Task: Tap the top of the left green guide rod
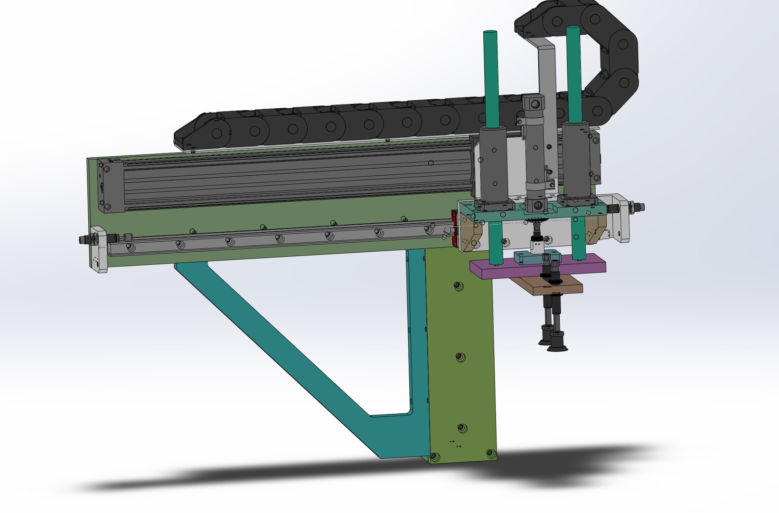(x=490, y=34)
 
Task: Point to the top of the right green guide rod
(x=573, y=29)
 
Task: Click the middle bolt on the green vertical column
(x=460, y=357)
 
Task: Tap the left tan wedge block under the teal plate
(x=474, y=235)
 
